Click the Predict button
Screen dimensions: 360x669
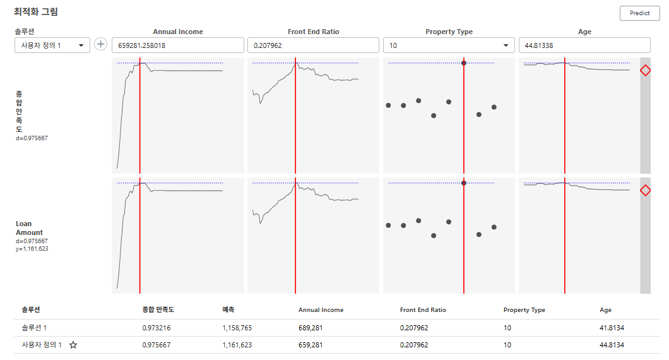pos(639,13)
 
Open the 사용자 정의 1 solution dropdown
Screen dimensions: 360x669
pos(52,45)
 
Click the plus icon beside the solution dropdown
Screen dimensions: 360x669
pos(100,44)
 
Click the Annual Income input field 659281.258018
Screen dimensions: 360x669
pos(177,45)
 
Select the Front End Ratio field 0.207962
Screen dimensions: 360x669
pos(313,45)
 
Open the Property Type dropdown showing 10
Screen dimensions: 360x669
pos(449,45)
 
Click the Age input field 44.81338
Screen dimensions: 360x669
pos(584,45)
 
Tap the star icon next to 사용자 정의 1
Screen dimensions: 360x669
pos(73,345)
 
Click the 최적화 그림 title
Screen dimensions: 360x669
pos(36,12)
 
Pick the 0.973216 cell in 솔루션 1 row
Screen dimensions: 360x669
pos(157,328)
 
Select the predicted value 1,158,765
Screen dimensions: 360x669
pos(237,328)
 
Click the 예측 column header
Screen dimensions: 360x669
pos(229,310)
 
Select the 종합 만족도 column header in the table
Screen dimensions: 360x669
pos(158,310)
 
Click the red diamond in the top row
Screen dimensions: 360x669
pos(645,71)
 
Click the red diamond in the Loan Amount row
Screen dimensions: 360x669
pos(645,190)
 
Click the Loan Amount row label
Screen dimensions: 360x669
pos(29,228)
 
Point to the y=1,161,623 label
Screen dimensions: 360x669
pos(32,249)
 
